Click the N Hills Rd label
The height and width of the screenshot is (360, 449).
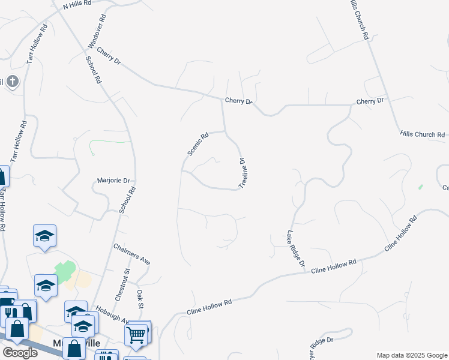[77, 4]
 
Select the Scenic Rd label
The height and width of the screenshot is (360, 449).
[197, 144]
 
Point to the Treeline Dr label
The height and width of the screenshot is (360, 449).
[243, 173]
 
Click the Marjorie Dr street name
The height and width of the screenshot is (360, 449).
[114, 180]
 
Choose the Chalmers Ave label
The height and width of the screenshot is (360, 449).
[131, 254]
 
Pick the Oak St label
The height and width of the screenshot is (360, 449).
[141, 299]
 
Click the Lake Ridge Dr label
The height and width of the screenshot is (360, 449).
[295, 249]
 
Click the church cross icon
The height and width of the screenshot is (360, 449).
[12, 82]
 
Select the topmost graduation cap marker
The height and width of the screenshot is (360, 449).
[44, 236]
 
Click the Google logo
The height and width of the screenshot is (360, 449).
[20, 353]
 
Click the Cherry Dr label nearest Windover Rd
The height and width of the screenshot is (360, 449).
[108, 57]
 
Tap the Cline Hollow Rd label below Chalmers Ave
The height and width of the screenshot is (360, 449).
[209, 308]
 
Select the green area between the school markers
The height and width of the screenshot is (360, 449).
[65, 272]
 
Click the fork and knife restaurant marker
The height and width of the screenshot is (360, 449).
[8, 312]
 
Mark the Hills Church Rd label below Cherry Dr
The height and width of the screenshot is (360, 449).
[423, 135]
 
